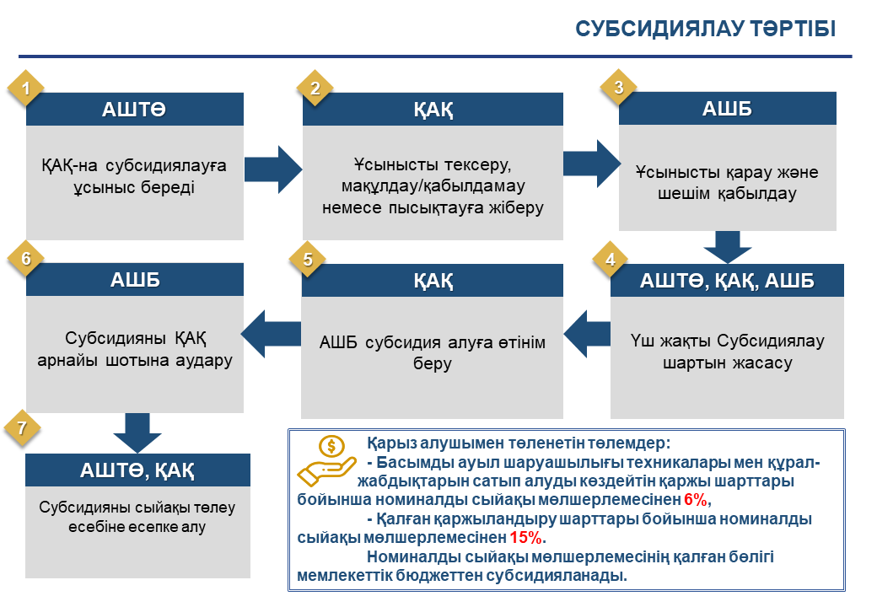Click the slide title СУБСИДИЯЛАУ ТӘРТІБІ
point(705,29)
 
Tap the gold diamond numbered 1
point(25,88)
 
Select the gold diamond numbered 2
point(315,88)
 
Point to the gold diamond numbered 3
point(618,87)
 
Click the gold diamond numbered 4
point(611,260)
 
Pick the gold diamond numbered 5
point(307,260)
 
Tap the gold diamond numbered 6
point(25,258)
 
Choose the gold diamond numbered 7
point(22,428)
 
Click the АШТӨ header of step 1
point(134,109)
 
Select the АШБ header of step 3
point(727,109)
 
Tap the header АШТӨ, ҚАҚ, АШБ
point(727,280)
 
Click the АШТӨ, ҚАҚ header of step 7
point(137,470)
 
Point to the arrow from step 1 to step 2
point(273,170)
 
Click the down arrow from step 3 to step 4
point(728,246)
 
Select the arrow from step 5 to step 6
point(271,334)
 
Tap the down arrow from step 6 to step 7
point(137,432)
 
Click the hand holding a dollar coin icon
point(326,461)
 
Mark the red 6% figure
point(695,499)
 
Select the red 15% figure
point(525,538)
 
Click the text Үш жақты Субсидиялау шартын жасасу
point(727,352)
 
